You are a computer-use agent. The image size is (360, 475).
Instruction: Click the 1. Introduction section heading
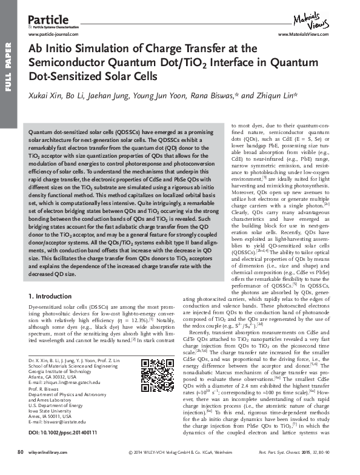coord(52,296)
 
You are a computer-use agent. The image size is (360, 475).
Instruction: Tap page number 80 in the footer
coord(19,468)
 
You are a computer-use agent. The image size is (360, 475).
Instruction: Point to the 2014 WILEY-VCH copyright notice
coord(181,468)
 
